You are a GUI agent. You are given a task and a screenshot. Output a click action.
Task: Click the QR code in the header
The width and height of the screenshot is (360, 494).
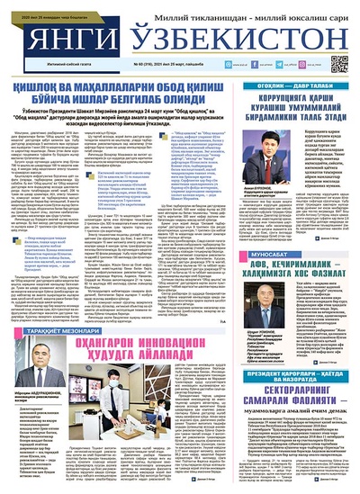click(340, 65)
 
